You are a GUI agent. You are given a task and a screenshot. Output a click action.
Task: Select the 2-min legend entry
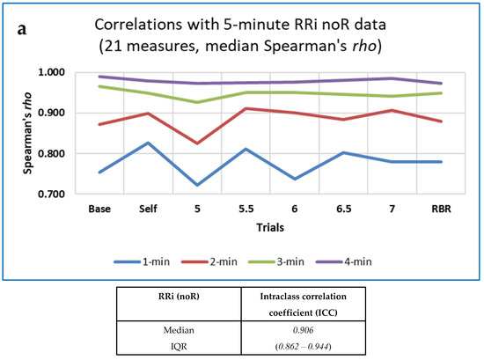tap(231, 261)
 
